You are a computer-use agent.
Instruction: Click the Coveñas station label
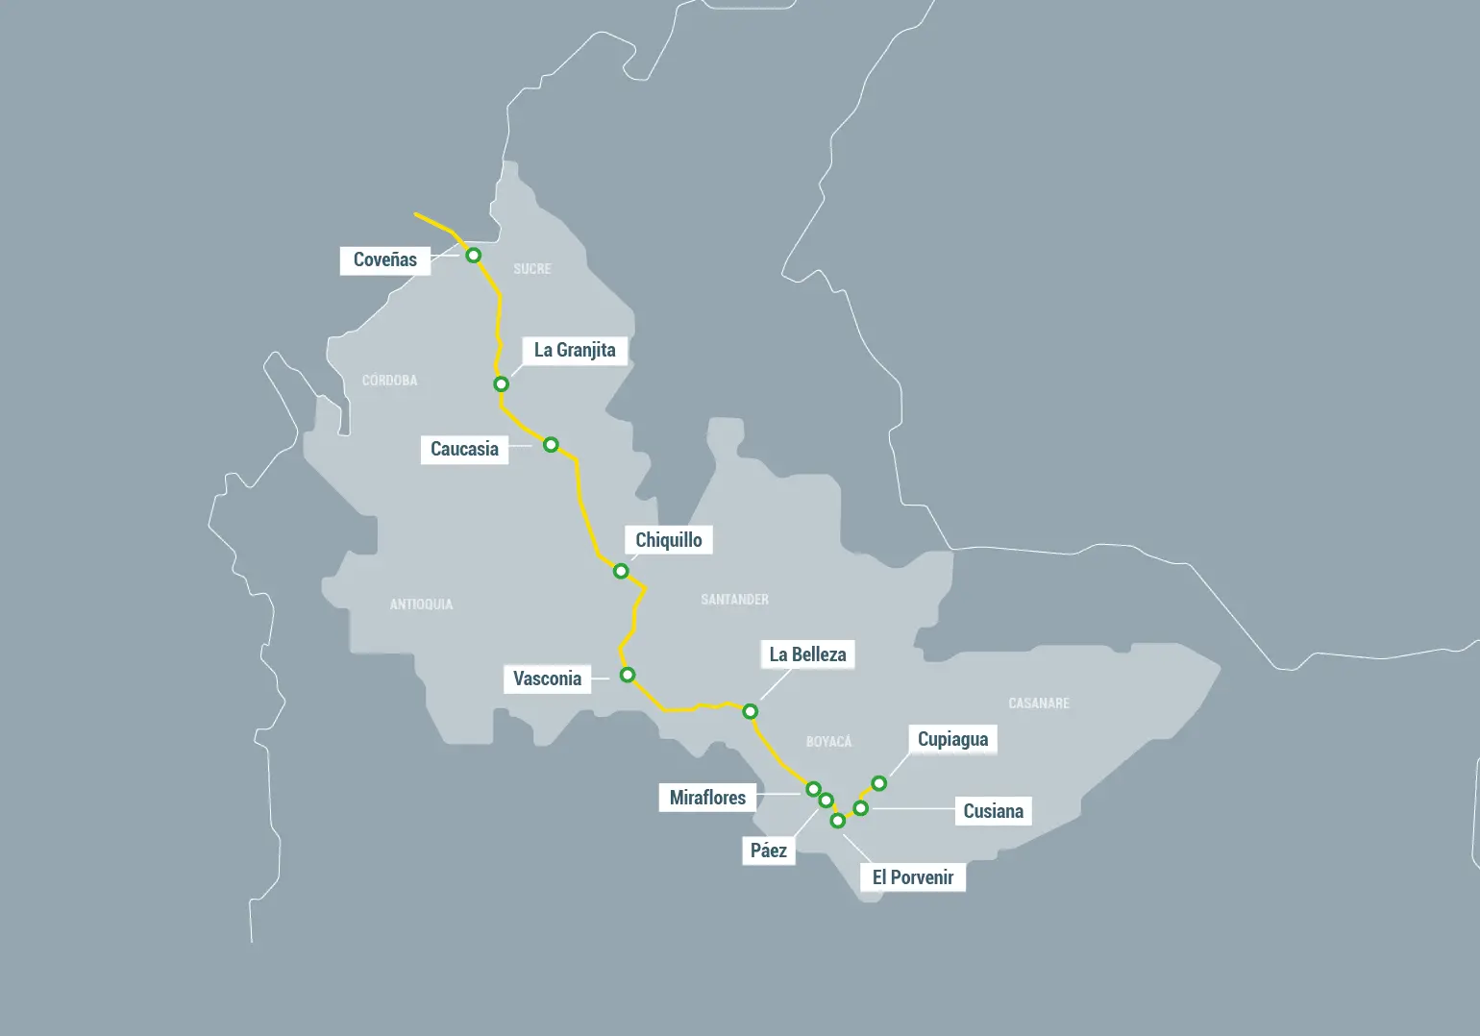384,260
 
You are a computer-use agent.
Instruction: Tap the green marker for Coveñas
474,256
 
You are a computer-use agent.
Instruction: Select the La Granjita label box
575,350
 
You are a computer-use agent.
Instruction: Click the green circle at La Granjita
501,384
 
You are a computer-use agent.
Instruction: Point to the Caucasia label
464,449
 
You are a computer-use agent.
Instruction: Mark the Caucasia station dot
551,445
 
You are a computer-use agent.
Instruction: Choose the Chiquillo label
668,540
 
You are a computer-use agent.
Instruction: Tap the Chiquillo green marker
621,572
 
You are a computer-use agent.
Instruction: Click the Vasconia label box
547,678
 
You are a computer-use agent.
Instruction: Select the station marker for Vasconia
628,675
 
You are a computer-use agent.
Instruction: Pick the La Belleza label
807,654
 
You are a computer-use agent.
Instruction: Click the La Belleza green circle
751,712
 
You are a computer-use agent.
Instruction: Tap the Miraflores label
707,798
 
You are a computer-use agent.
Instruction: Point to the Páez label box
769,851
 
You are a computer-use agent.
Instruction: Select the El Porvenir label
912,877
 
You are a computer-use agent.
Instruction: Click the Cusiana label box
993,811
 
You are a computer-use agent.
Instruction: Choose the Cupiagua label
952,739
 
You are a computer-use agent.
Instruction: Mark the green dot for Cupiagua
879,783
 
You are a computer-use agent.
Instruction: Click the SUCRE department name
531,269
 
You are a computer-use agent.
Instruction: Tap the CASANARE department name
1038,703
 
